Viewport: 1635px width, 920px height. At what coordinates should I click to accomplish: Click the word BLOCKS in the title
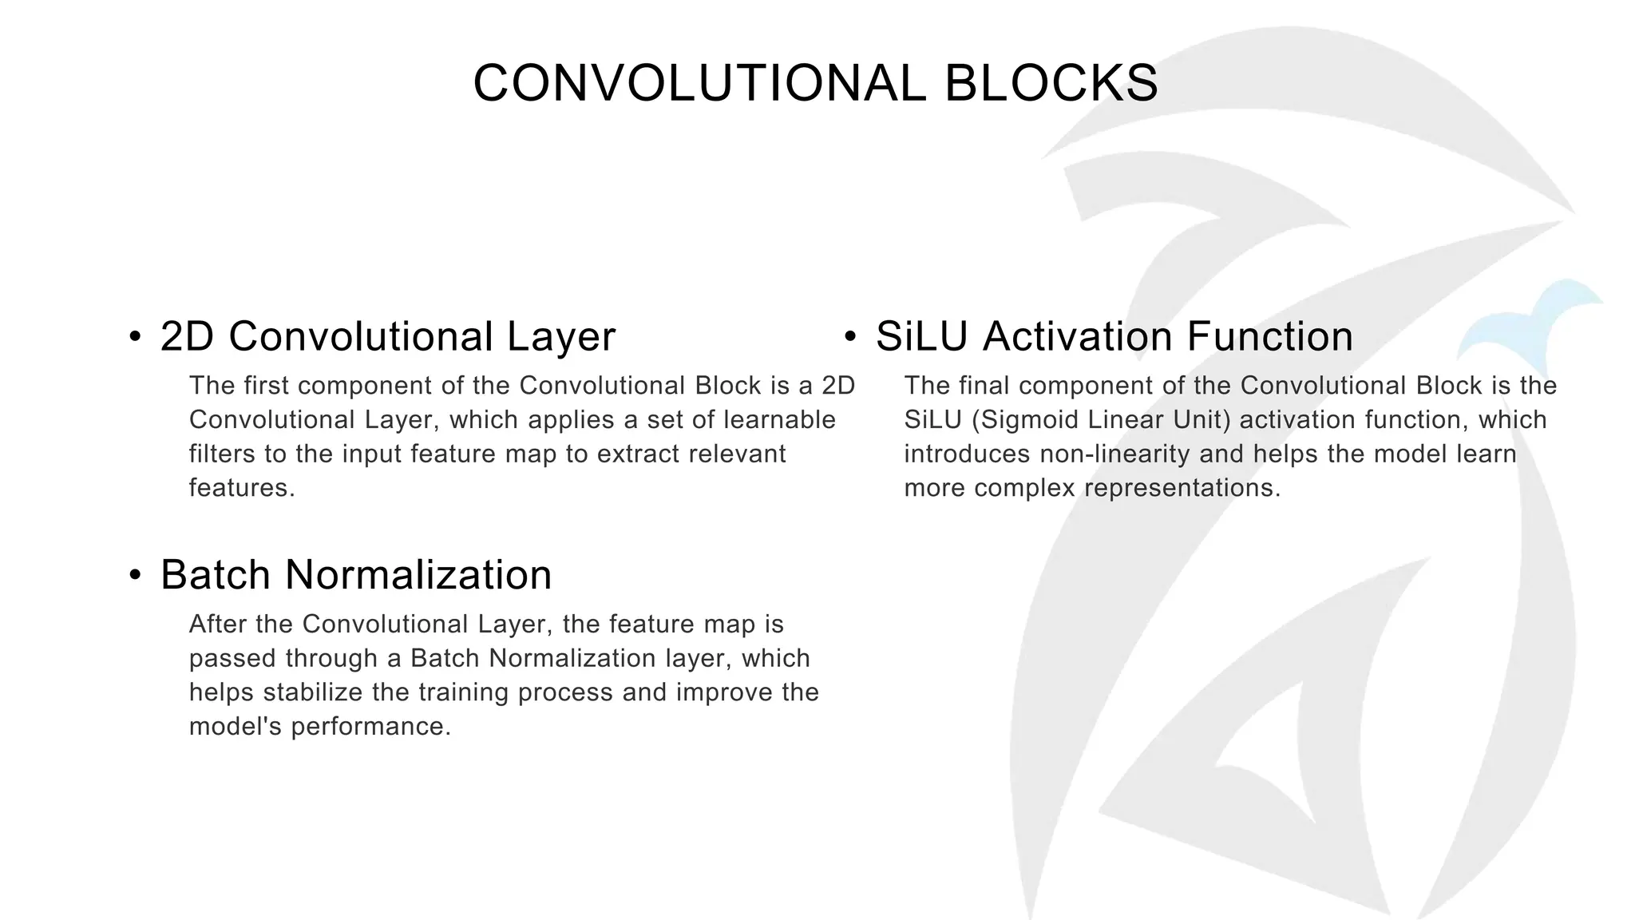coord(1051,83)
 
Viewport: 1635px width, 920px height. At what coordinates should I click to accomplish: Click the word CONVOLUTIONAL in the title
coord(699,83)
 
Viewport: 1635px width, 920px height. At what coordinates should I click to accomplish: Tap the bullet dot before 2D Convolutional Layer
coord(135,336)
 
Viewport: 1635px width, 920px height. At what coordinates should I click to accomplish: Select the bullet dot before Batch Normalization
coord(135,575)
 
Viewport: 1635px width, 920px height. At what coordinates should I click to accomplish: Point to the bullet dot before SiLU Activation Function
coord(850,336)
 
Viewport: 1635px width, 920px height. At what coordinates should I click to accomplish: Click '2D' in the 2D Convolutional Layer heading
coord(187,336)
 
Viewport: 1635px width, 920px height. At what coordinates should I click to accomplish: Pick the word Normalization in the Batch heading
coord(418,575)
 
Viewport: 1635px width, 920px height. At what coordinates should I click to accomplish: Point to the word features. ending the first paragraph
coord(242,488)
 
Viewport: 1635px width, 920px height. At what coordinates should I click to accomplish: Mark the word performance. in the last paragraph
coord(371,727)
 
